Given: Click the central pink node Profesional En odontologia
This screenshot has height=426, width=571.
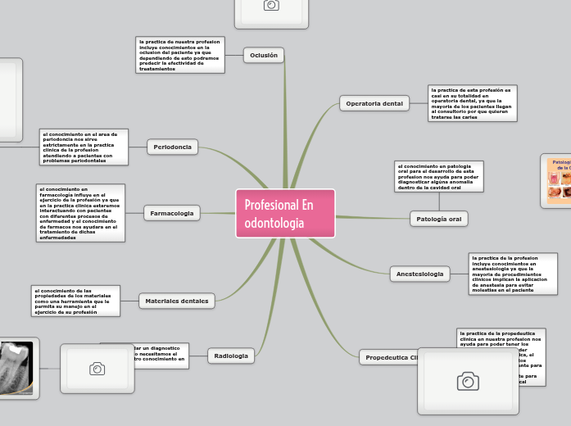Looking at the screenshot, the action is coord(285,214).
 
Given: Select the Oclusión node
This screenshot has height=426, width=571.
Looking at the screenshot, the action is coord(264,55).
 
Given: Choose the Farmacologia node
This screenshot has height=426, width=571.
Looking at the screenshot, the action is coord(172,213).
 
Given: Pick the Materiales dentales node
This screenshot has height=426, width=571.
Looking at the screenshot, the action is coord(176,301).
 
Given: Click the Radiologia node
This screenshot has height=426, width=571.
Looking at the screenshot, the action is coord(230,356).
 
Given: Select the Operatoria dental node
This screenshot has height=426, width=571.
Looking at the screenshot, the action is coord(374,103).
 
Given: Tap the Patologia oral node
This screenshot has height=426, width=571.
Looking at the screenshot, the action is coord(438,219).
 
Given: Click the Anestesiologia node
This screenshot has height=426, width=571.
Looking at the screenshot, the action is coord(419,273).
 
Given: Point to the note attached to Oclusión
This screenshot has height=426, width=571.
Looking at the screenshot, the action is coord(180,55).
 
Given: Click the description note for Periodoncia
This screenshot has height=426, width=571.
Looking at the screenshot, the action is coord(83,147).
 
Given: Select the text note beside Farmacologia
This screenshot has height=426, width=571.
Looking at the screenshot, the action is coord(80,213).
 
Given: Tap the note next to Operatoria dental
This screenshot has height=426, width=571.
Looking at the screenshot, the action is coord(472,103).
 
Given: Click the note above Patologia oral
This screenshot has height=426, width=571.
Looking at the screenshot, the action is coord(437,176).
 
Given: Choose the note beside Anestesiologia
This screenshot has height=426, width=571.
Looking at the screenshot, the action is coord(512,273).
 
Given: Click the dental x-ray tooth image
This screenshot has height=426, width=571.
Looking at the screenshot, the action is coord(16,369).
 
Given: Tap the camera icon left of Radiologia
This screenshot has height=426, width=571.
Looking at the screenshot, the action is coord(97,369).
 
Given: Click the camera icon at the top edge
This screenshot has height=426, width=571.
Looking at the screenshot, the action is coord(271,7).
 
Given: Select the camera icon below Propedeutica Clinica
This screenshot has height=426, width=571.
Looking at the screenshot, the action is coord(467,380).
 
